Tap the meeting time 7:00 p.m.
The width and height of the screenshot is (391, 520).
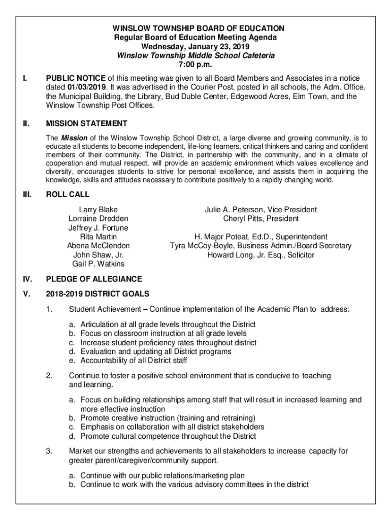pos(195,64)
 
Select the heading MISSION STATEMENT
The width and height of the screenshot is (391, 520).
pos(86,123)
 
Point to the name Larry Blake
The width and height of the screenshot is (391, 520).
pos(98,210)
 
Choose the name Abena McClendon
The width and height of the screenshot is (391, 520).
pos(98,246)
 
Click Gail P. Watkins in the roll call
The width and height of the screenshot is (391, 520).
pos(98,264)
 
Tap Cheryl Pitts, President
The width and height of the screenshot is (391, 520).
pos(260,219)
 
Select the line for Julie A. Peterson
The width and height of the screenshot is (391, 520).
pos(260,210)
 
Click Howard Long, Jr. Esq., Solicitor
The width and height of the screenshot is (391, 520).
pos(260,255)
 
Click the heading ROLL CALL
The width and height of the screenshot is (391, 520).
pos(68,194)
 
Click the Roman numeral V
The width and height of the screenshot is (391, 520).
pos(25,294)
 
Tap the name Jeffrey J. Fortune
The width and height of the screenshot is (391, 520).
pos(98,228)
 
